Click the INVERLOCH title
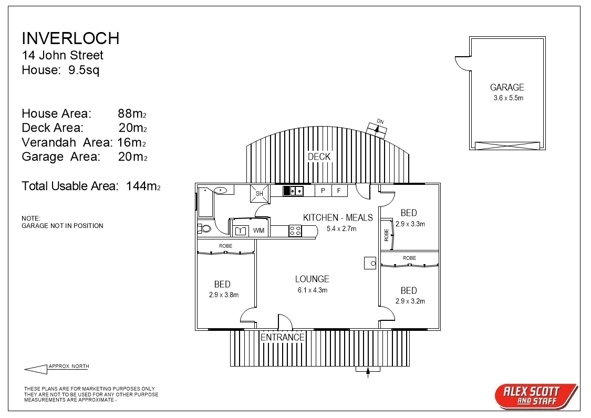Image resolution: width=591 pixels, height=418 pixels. pos(70,38)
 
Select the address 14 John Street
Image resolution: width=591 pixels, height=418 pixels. pos(62,55)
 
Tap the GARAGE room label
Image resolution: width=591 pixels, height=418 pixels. pos(507,88)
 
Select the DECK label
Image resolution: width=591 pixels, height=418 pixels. pos(319,156)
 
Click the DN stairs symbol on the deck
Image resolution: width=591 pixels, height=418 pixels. pos(377,128)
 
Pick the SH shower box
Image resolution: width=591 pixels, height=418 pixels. pos(259,193)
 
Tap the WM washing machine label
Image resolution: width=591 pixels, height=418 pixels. pos(258,231)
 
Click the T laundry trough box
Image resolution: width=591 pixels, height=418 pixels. pos(241,231)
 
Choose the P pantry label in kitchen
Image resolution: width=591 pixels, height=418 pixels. pos(323,191)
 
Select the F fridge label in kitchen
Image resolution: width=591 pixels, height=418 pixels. pos(339,191)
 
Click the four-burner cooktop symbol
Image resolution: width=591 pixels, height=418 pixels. pos(295,231)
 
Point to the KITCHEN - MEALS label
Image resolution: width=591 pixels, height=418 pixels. pos(338,217)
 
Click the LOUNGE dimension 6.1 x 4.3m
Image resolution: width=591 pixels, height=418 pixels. pos(312,290)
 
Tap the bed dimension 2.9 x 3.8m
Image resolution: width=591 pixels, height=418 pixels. pos(223,295)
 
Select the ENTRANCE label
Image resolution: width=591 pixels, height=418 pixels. pos(283,337)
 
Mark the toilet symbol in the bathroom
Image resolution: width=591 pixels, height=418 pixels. pos(204,228)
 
